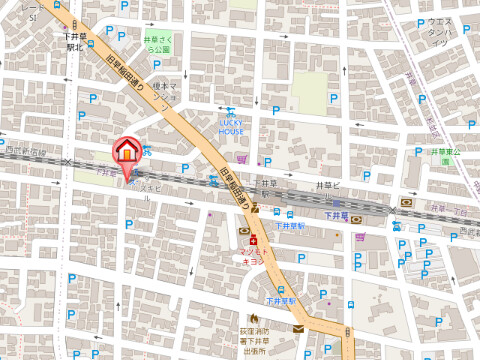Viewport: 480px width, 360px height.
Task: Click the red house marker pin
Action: click(x=127, y=152)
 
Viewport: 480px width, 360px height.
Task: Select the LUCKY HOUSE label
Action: click(x=231, y=125)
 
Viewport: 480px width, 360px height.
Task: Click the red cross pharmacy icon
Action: click(x=255, y=241)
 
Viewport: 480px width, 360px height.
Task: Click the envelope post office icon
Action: click(x=298, y=329)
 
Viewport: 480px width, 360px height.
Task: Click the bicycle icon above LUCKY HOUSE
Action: click(x=231, y=111)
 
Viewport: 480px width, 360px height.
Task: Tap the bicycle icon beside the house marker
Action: click(x=148, y=151)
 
